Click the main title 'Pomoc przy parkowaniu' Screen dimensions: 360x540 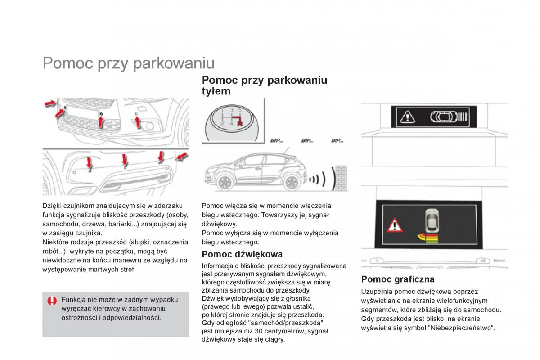(128, 63)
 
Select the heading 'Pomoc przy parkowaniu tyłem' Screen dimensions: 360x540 (265, 85)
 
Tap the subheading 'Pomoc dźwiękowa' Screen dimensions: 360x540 (242, 254)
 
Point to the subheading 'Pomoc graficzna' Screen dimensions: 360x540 (398, 279)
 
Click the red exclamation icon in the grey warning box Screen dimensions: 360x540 (53, 301)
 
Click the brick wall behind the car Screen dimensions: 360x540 (341, 178)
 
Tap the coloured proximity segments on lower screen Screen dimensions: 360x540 (427, 237)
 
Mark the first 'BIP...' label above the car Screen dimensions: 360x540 (276, 141)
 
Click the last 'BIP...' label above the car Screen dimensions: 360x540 (337, 141)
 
